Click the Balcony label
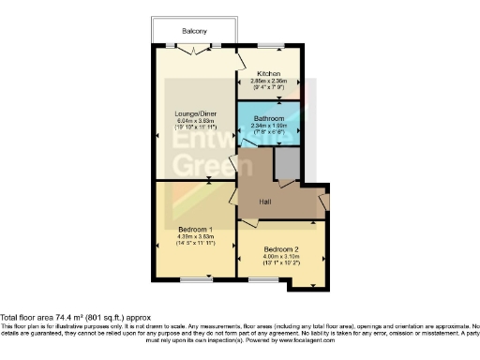(195, 30)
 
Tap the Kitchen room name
(268, 72)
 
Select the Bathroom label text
(269, 119)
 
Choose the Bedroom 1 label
(195, 228)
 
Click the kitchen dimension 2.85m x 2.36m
(268, 81)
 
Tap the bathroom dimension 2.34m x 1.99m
(269, 127)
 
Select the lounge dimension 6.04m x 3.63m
(195, 123)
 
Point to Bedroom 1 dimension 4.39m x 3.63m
(195, 236)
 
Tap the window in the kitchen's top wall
(271, 46)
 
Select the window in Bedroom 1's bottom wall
(195, 279)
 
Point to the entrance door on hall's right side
(323, 200)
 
